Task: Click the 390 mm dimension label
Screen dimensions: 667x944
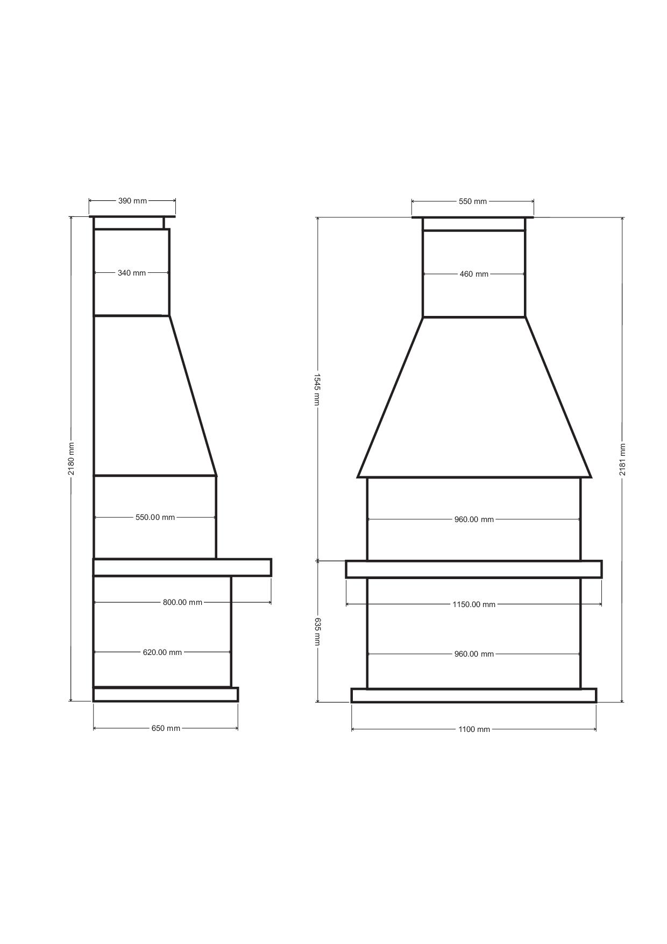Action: [132, 201]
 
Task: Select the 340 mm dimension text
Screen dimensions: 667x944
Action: [132, 273]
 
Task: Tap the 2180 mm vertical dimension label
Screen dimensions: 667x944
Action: [71, 459]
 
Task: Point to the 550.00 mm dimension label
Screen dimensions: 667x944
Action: [155, 517]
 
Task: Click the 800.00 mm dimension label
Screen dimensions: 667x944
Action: [182, 602]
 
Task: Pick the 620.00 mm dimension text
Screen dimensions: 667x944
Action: [162, 652]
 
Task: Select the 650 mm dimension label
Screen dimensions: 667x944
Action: [166, 728]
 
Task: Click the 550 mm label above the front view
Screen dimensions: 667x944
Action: [472, 201]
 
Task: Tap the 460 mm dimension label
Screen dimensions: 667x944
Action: [474, 274]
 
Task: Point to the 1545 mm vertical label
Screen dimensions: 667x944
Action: [317, 390]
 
